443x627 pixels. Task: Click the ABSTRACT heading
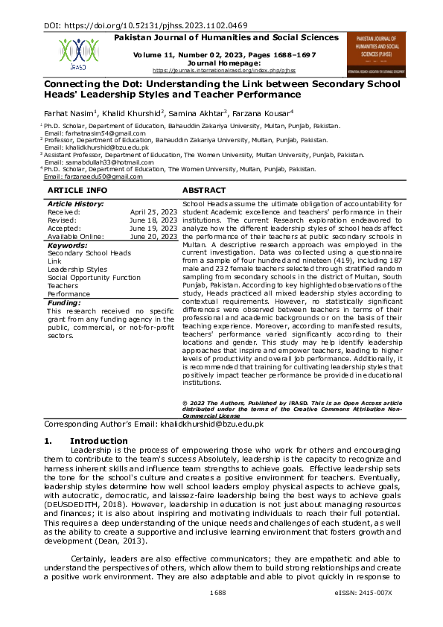point(204,191)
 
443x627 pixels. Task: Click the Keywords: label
point(68,245)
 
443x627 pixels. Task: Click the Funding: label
point(65,303)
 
